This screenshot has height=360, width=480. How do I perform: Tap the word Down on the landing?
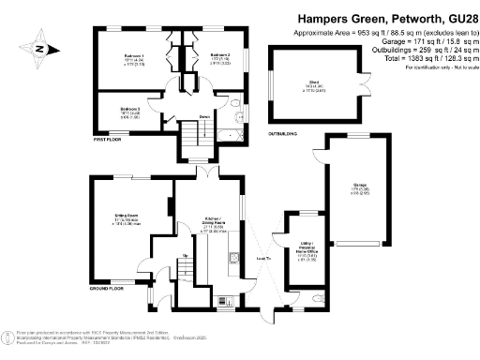pyautogui.click(x=203, y=116)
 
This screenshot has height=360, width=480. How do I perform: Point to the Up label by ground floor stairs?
pyautogui.click(x=186, y=255)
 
